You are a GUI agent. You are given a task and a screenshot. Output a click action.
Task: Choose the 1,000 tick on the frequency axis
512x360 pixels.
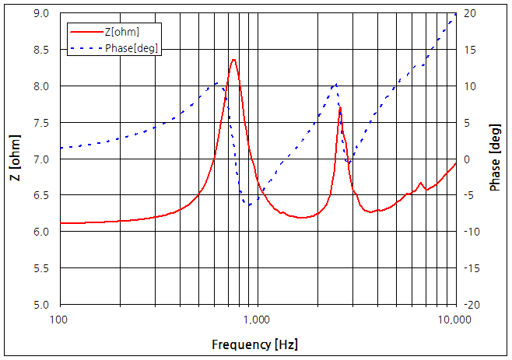[x=258, y=320]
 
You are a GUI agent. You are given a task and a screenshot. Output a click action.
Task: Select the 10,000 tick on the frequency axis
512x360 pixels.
[x=454, y=320]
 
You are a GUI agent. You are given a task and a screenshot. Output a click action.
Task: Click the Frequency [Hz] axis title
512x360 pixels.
[x=254, y=344]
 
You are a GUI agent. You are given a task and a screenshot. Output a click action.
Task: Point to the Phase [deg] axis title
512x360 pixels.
[x=496, y=159]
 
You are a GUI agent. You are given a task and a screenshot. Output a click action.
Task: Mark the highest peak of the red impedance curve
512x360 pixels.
[x=233, y=59]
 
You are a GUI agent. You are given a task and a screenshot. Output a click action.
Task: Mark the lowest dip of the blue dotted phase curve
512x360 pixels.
[x=247, y=204]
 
